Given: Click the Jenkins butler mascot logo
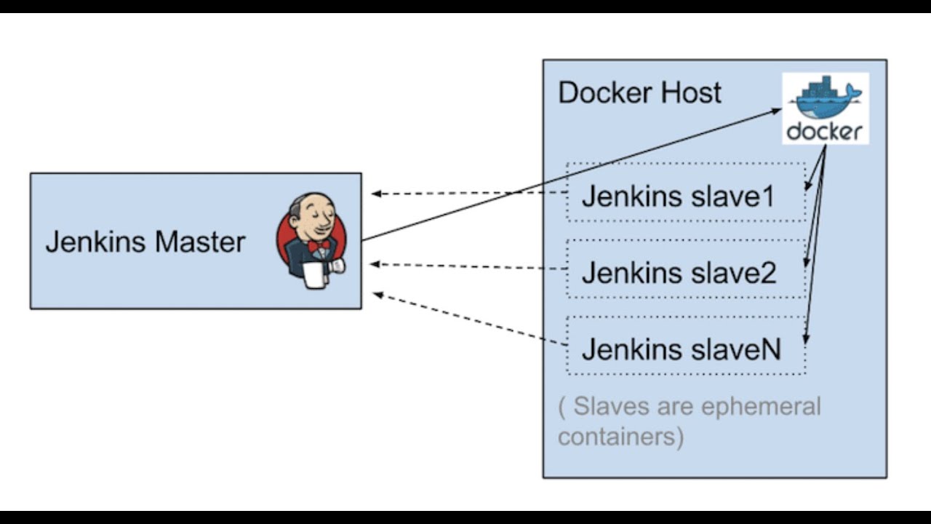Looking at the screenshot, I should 311,240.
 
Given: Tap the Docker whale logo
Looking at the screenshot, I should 826,98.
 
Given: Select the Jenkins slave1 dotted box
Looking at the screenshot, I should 686,193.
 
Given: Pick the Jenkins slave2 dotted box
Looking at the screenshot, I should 686,269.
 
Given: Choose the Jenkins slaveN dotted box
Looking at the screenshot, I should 686,346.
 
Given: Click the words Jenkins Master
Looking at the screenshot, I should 145,242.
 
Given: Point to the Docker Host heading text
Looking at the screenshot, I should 639,93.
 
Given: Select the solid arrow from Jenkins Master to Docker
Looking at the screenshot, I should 567,175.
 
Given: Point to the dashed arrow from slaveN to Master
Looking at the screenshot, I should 469,318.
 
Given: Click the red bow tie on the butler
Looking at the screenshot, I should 318,246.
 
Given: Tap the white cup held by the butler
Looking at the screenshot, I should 314,275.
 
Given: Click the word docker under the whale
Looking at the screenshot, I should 825,132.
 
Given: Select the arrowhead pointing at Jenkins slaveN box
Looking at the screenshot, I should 804,338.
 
